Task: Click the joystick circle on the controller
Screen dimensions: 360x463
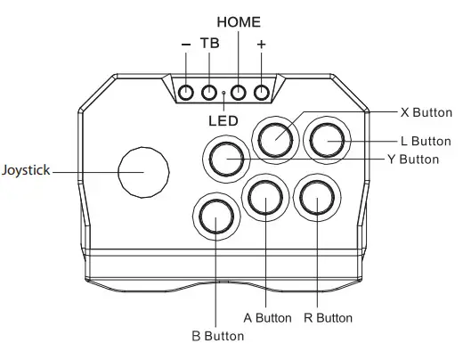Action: [x=144, y=169]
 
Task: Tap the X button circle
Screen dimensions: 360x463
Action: [x=276, y=137]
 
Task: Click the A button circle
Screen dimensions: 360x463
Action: [x=266, y=200]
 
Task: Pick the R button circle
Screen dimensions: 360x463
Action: [x=316, y=200]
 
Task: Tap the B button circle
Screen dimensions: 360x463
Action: [x=215, y=217]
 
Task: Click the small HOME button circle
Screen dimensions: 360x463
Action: [x=239, y=92]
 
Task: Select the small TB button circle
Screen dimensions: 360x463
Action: [x=209, y=92]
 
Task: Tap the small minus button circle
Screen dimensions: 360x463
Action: [x=186, y=92]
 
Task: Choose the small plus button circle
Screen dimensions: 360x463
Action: [x=262, y=92]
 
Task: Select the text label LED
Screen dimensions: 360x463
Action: [x=223, y=119]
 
